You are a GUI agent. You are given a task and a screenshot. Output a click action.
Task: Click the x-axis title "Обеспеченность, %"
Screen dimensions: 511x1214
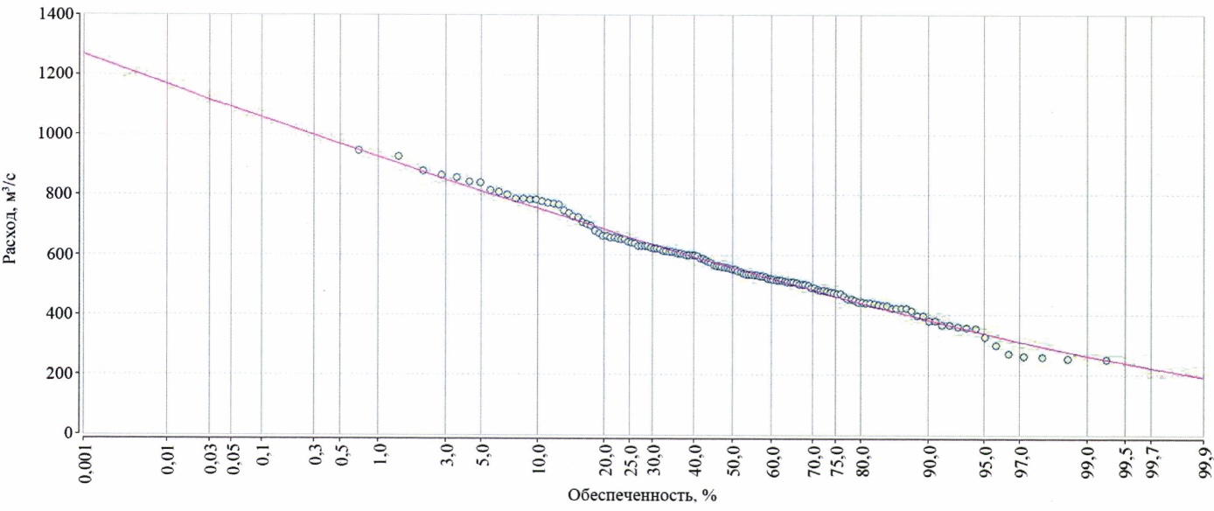(x=642, y=496)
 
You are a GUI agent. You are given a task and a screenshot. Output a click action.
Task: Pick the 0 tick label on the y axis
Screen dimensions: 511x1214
(x=67, y=432)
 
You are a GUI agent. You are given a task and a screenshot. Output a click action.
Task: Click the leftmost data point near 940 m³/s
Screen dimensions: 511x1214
(x=359, y=150)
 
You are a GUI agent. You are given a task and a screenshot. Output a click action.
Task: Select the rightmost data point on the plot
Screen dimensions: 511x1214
(x=1106, y=360)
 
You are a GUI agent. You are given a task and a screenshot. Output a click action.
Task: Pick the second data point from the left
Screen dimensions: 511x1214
(x=398, y=156)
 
